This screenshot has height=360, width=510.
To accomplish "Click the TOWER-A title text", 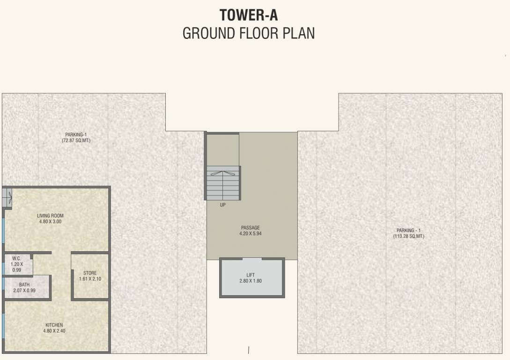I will coord(249,15).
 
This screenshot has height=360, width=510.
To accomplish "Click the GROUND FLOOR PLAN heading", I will coord(249,34).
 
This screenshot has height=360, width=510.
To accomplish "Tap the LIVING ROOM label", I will coord(50,216).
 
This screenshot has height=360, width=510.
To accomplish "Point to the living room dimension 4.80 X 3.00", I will coord(50,222).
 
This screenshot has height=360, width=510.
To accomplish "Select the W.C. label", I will coord(16,258).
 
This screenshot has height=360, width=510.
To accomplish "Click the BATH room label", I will coord(24,285).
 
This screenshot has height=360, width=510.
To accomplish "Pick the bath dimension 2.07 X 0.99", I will coord(24,291).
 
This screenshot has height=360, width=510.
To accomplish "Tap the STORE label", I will coord(90,273).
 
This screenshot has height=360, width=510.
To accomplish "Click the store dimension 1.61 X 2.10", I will coord(90,279).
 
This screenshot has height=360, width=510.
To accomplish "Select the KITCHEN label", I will coord(54,325).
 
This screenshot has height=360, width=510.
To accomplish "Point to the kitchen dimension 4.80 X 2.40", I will coord(54,331).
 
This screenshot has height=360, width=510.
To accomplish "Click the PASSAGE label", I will coord(250,228).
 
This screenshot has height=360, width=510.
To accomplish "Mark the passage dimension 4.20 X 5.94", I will coord(250,233).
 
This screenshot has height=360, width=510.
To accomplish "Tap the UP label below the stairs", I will coord(222,205).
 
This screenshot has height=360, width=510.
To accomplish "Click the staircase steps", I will coord(223,183).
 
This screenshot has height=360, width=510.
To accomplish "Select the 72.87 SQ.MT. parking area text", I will coord(76,141).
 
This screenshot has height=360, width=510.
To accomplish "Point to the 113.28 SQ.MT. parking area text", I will coord(409,236).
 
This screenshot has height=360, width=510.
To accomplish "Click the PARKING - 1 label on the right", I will coord(409,230).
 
